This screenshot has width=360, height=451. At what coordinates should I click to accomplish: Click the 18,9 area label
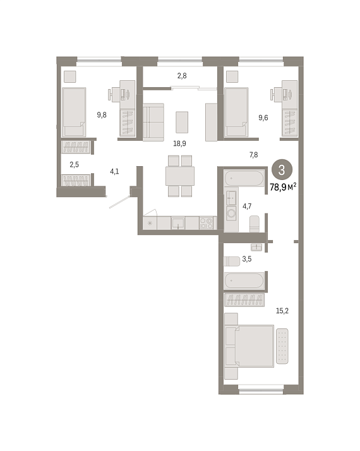(x=179, y=143)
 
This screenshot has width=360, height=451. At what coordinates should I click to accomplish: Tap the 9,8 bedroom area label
(x=102, y=115)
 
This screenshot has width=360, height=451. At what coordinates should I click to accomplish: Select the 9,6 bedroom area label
(x=263, y=117)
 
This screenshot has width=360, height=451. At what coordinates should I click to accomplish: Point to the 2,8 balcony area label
(x=182, y=76)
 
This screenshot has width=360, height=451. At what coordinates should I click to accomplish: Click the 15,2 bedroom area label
(x=282, y=311)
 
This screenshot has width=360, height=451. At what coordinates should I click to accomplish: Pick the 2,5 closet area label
(x=74, y=165)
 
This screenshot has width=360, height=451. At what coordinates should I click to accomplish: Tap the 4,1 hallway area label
(x=114, y=172)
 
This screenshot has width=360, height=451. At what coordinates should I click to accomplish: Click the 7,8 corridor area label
(x=254, y=155)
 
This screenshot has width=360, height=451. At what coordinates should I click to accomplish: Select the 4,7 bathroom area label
(x=247, y=206)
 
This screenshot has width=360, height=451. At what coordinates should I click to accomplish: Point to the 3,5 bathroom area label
(x=247, y=259)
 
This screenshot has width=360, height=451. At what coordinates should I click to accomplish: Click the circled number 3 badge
(x=282, y=170)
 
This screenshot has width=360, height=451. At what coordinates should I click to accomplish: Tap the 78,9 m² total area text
(x=283, y=188)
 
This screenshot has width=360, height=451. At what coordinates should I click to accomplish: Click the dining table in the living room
(x=180, y=176)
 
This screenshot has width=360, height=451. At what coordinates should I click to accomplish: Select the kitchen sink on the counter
(x=178, y=223)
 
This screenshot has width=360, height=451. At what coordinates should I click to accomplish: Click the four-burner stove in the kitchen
(x=206, y=223)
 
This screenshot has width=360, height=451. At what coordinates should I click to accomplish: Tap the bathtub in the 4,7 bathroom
(x=244, y=178)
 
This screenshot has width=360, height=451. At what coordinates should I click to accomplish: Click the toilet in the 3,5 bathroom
(x=231, y=262)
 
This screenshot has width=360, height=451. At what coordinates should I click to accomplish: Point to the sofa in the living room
(x=153, y=123)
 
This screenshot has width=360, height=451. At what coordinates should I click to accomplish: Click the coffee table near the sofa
(x=182, y=123)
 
